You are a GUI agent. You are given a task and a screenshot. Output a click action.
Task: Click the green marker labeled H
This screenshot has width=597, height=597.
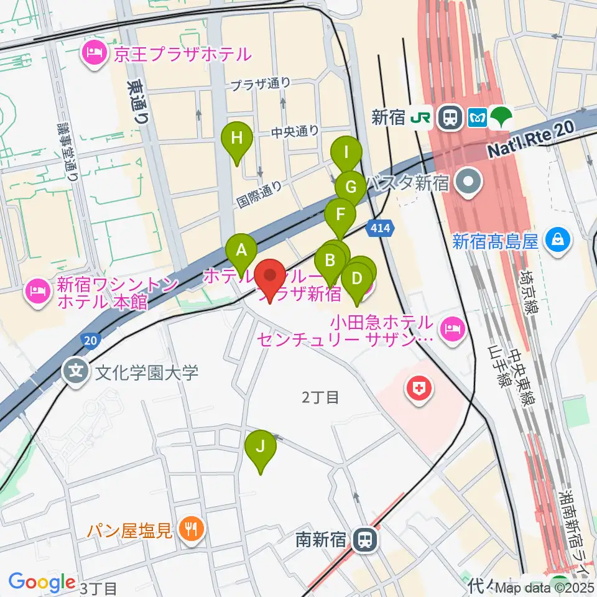(237, 137)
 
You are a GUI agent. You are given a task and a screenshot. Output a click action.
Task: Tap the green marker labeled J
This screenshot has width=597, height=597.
(261, 446)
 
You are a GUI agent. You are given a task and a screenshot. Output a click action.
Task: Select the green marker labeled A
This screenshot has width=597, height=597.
(242, 251)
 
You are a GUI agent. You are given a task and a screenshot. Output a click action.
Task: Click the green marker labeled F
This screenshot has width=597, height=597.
(340, 215)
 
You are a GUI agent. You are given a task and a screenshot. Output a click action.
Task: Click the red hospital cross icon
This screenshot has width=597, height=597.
(420, 390)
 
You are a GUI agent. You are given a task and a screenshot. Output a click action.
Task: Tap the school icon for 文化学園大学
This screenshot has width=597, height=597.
(76, 373)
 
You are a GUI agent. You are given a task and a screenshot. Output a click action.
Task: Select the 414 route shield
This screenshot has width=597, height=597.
(381, 228)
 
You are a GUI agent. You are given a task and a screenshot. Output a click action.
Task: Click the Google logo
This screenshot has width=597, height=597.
(42, 582)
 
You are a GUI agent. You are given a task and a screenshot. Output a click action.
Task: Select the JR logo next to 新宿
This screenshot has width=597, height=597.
(420, 117)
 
